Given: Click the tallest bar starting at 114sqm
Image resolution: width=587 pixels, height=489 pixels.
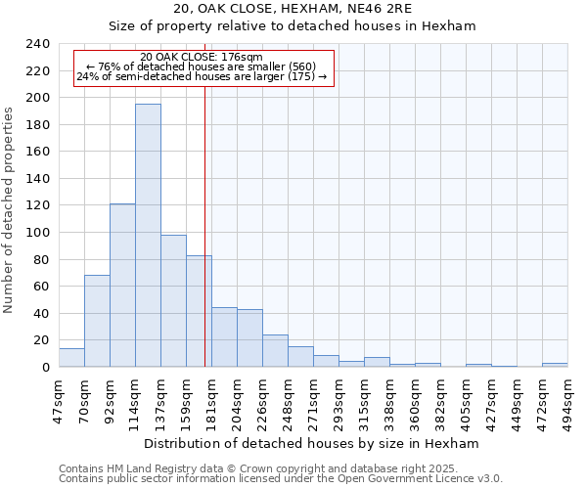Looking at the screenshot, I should tap(148, 235).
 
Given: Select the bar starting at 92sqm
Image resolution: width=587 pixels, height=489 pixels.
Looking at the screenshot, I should tap(122, 286).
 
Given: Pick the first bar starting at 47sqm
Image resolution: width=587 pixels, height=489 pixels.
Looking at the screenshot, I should tap(71, 358).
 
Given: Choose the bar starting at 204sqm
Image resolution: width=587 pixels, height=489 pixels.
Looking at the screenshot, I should tap(249, 338).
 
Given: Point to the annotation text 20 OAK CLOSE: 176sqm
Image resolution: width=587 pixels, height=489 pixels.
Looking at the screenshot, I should tap(202, 58).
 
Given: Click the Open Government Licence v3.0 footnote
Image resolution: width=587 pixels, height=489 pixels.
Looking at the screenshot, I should tap(281, 479).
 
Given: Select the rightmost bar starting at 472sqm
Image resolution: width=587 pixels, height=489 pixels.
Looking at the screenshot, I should tap(555, 365).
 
